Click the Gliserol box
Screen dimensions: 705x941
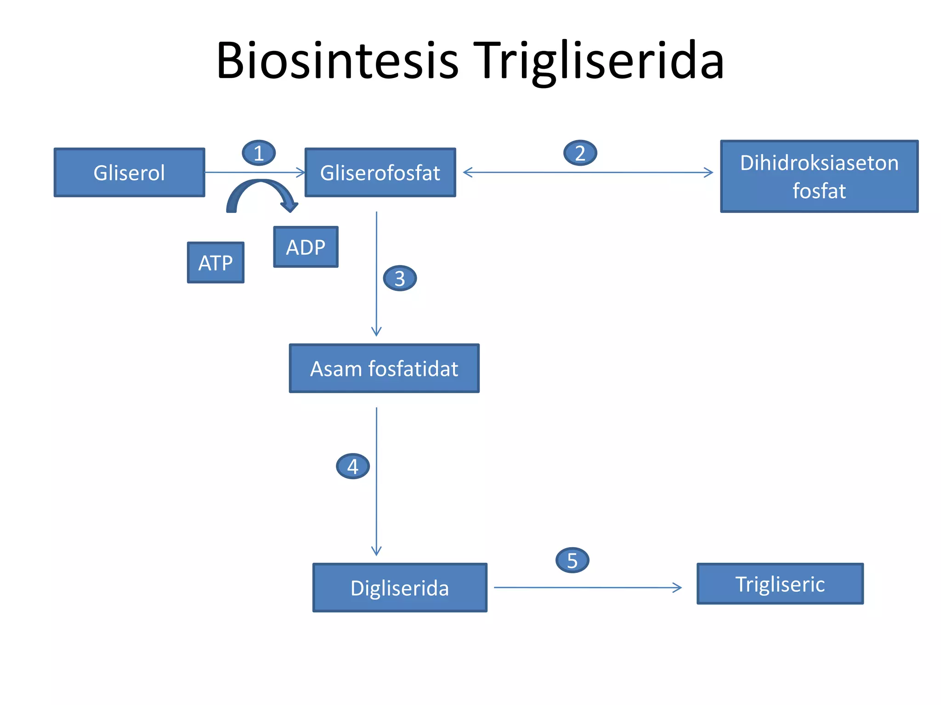(129, 173)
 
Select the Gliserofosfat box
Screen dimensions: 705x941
(380, 173)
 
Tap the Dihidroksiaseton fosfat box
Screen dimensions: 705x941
(819, 176)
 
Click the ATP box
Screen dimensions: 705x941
(215, 263)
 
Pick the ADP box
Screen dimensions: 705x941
(306, 247)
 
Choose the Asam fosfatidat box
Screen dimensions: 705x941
(384, 369)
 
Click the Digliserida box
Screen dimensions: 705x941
(400, 588)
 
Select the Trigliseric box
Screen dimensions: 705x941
(780, 584)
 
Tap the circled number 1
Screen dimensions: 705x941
(259, 153)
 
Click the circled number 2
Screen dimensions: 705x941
(580, 153)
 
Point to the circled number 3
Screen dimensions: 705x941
(400, 278)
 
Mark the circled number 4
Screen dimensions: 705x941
(352, 466)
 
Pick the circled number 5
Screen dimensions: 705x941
(572, 560)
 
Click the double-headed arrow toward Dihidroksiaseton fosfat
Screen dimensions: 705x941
(588, 173)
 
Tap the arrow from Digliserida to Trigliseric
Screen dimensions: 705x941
(588, 587)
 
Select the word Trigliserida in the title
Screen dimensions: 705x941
(599, 61)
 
